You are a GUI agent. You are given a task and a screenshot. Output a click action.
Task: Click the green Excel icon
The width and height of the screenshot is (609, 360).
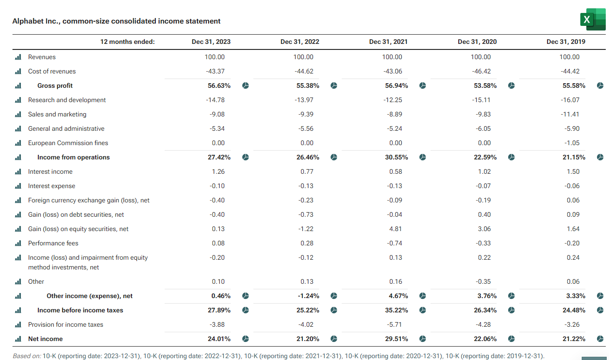click(593, 19)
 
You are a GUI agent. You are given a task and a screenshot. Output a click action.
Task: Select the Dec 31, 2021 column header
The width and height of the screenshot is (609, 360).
click(388, 42)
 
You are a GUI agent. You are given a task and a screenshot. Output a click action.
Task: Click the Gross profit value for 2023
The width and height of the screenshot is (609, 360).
click(219, 85)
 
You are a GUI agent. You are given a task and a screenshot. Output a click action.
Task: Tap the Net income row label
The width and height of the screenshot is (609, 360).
click(45, 339)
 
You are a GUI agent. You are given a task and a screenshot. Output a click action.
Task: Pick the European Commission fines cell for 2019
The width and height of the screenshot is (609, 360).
click(572, 143)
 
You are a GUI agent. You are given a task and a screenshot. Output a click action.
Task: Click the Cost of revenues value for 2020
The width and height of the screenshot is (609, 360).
click(481, 71)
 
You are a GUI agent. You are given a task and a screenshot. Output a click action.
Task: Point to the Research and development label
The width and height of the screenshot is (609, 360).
click(67, 100)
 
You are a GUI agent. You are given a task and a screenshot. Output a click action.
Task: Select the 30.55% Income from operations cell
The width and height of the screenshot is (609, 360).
click(396, 157)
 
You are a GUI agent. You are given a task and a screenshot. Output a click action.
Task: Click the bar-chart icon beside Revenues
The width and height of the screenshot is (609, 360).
click(18, 57)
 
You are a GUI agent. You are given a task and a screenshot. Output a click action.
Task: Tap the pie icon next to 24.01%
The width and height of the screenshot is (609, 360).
click(246, 339)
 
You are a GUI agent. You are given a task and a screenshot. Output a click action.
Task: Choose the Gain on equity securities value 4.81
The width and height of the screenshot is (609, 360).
click(395, 229)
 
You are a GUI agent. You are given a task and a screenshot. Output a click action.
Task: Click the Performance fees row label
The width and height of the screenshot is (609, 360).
click(53, 243)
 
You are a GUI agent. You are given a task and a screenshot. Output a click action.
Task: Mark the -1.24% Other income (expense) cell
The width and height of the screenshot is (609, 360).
click(308, 296)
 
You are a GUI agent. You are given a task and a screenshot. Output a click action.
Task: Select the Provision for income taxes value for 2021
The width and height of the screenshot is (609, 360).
click(394, 324)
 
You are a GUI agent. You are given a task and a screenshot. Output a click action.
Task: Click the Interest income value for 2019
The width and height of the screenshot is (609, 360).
click(573, 171)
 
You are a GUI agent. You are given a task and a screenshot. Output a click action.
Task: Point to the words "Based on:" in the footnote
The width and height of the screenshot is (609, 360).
click(27, 356)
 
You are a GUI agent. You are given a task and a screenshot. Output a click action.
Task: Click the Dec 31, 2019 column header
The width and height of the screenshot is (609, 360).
click(566, 42)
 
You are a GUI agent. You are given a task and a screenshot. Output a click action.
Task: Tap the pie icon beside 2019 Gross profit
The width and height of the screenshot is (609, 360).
click(600, 85)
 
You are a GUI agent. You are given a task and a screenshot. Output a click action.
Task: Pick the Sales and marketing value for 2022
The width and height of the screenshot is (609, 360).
click(306, 114)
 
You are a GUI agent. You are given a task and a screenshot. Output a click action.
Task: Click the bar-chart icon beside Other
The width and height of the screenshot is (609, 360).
click(18, 281)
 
